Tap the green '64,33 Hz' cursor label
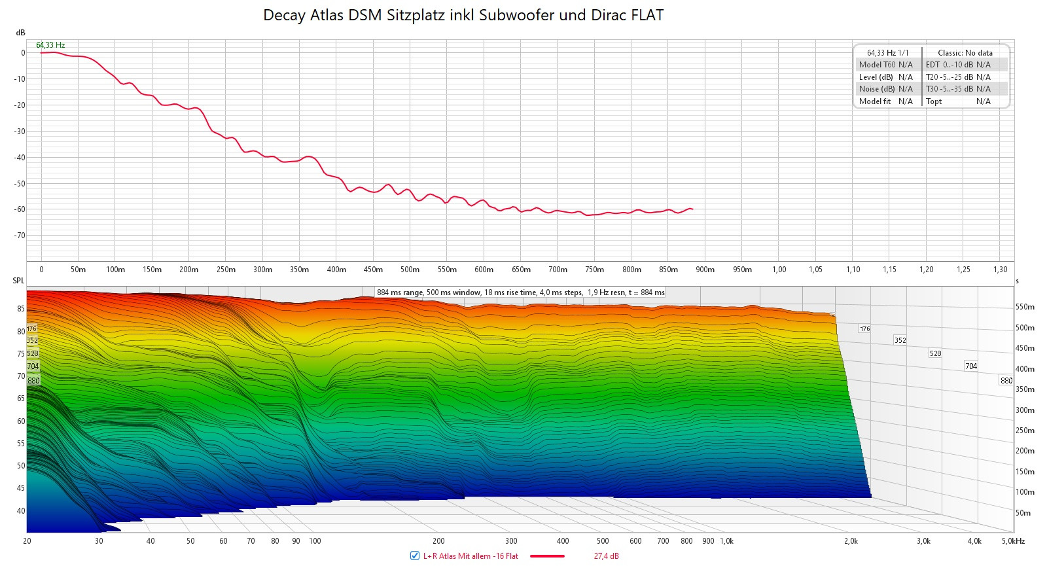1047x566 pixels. (50, 45)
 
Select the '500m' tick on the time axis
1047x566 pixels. (410, 270)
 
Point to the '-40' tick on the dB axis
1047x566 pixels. (20, 158)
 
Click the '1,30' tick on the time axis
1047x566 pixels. (1000, 270)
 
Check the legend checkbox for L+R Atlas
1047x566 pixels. (414, 556)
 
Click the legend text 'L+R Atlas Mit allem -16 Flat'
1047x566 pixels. (470, 556)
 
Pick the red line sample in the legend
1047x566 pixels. (547, 556)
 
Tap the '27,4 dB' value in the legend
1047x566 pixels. (606, 556)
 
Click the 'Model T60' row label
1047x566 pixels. (877, 65)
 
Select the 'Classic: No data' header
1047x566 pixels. (965, 53)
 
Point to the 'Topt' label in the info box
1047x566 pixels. (934, 101)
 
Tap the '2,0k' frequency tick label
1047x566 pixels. (850, 541)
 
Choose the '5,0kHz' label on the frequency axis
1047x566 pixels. (1012, 541)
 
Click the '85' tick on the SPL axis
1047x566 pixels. (21, 309)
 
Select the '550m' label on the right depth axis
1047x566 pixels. (1025, 307)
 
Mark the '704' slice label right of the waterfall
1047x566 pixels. (970, 366)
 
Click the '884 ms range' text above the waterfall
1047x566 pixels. (399, 292)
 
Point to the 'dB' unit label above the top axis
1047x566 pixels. (20, 33)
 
